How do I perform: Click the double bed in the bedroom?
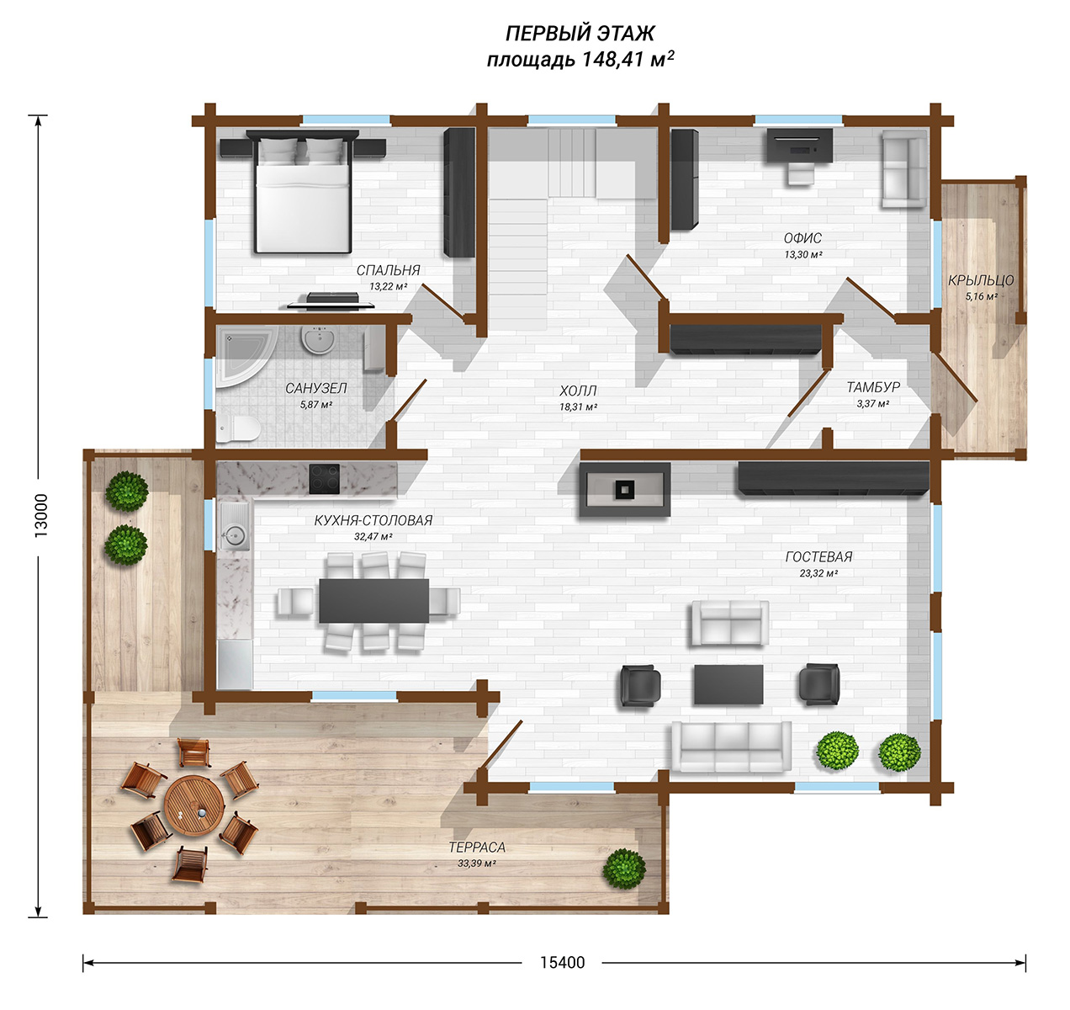(302, 191)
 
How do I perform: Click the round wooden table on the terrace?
(194, 805)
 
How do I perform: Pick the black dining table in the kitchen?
(373, 600)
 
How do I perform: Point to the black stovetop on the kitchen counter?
(325, 479)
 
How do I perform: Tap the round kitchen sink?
(235, 535)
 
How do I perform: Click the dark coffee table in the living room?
(728, 684)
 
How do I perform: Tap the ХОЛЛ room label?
(578, 391)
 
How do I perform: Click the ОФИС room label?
(802, 238)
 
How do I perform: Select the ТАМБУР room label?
(873, 387)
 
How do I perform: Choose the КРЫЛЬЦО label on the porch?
(981, 280)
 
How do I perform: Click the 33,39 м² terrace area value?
(477, 864)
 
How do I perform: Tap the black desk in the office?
(799, 145)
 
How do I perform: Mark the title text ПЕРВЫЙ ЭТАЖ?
(580, 34)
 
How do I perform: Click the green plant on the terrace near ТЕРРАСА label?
(624, 869)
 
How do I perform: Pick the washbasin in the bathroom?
(319, 340)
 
